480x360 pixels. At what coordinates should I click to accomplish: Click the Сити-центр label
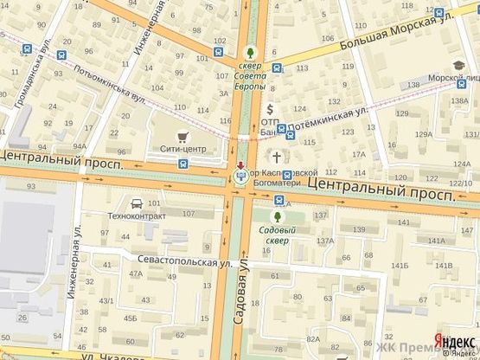point(182,149)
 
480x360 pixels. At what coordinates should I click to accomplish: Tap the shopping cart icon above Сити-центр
point(182,136)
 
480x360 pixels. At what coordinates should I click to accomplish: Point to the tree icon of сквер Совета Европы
point(251,52)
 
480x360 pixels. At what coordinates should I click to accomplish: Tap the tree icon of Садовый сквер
point(278,216)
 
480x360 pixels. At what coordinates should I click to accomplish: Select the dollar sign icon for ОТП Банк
point(270,109)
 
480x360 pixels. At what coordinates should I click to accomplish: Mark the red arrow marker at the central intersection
point(240,165)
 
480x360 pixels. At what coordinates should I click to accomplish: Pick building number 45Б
point(130,318)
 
